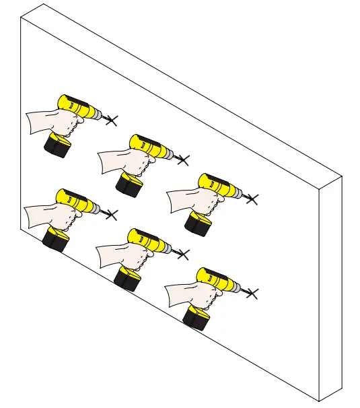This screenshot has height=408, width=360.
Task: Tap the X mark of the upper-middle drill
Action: tap(182, 160)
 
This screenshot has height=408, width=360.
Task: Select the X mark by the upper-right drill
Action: tap(252, 199)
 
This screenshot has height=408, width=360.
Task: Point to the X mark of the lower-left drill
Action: tap(111, 215)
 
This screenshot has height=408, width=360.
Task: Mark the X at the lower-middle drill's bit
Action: tap(182, 254)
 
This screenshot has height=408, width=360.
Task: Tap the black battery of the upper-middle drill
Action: tap(129, 184)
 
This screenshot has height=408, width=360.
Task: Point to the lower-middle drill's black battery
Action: tap(127, 278)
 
